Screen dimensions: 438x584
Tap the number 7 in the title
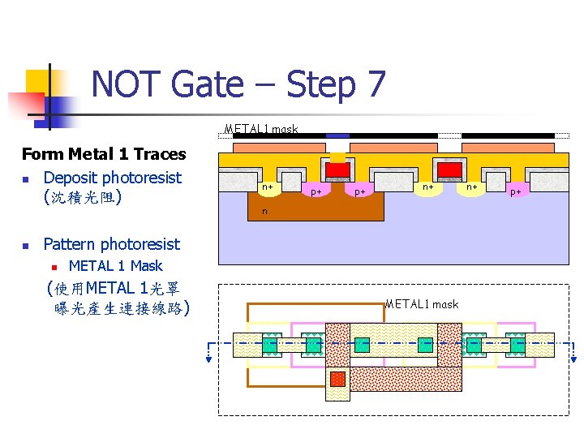[x=374, y=84]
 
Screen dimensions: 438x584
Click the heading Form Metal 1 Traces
[x=104, y=154]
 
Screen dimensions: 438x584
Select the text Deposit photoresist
[x=112, y=178]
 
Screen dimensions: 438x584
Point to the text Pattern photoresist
[x=111, y=244]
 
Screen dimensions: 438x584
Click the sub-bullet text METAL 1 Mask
[x=115, y=266]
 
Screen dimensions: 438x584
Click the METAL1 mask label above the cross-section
[x=261, y=129]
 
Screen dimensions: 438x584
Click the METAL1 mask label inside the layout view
[x=422, y=304]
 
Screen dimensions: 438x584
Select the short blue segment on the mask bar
[x=337, y=135]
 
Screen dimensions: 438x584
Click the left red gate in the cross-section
[x=337, y=170]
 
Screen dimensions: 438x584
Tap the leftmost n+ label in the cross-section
[x=266, y=187]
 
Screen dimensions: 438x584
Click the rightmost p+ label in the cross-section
[x=515, y=192]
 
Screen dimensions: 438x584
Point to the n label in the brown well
[x=264, y=212]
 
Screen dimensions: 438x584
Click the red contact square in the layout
[x=337, y=379]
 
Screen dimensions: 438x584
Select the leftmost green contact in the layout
[x=270, y=345]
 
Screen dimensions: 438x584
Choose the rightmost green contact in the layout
[x=515, y=345]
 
